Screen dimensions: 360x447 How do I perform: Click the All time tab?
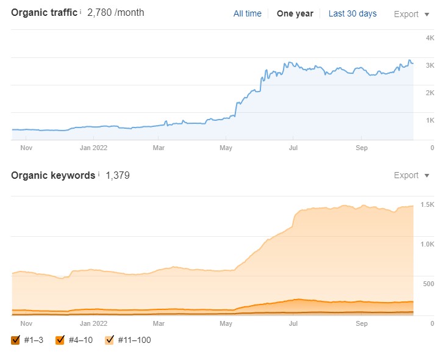(x=247, y=13)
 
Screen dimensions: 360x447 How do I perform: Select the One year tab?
(x=295, y=13)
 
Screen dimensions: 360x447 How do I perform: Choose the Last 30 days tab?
(x=352, y=13)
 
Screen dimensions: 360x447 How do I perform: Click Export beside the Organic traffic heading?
(x=411, y=14)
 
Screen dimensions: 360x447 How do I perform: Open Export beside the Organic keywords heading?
(x=411, y=176)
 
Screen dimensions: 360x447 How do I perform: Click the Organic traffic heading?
(x=45, y=13)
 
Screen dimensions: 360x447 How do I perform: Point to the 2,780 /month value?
(x=116, y=13)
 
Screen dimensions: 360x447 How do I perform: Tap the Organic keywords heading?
(x=53, y=176)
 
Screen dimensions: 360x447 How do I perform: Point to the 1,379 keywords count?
(x=118, y=176)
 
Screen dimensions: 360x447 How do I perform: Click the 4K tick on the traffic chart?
(x=429, y=38)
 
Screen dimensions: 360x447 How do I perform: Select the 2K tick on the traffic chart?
(x=429, y=93)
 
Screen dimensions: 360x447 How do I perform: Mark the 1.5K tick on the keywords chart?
(x=427, y=204)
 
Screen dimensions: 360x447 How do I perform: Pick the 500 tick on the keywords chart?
(x=428, y=284)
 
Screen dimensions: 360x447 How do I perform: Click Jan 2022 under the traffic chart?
(x=94, y=147)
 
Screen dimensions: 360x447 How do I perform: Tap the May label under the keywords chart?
(x=226, y=323)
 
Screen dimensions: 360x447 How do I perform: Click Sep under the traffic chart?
(x=362, y=147)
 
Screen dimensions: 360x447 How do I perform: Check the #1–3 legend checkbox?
(x=16, y=340)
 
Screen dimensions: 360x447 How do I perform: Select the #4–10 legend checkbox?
(x=60, y=340)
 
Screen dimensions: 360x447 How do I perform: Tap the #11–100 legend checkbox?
(x=110, y=340)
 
